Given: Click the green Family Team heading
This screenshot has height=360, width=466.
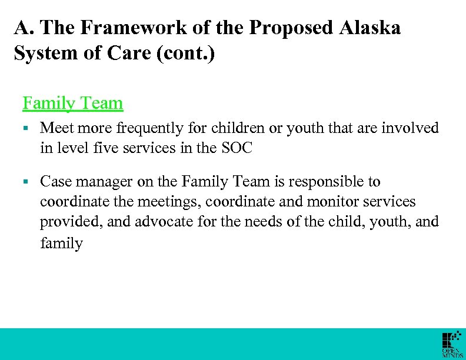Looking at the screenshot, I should (x=72, y=104).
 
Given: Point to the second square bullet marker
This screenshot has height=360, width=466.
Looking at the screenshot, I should (x=26, y=182).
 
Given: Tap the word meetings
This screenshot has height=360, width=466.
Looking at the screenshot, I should (x=163, y=202).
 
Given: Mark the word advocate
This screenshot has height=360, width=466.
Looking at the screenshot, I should (x=167, y=222).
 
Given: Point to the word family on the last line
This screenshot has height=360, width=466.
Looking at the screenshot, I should (x=61, y=242).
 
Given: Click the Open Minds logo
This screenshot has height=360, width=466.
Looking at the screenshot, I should (x=452, y=345).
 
